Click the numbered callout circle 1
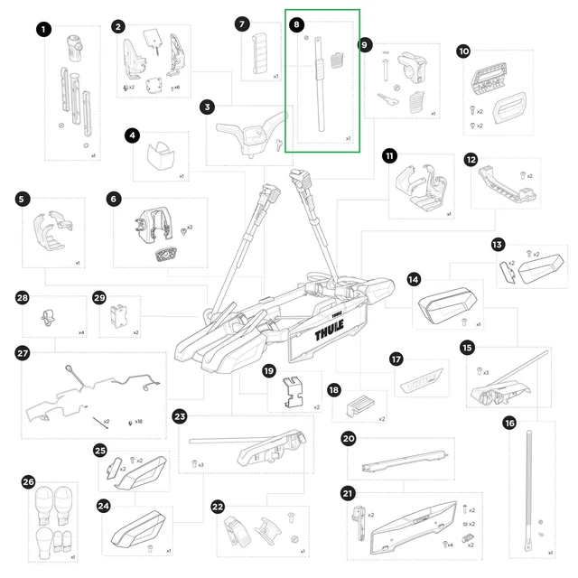pyautogui.click(x=43, y=30)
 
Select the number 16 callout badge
pyautogui.click(x=509, y=423)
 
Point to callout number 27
pyautogui.click(x=23, y=353)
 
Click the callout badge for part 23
pyautogui.click(x=180, y=416)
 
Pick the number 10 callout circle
pyautogui.click(x=463, y=51)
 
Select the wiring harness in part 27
pyautogui.click(x=90, y=393)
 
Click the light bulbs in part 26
pyautogui.click(x=51, y=515)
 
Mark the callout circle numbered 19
pyautogui.click(x=268, y=370)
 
